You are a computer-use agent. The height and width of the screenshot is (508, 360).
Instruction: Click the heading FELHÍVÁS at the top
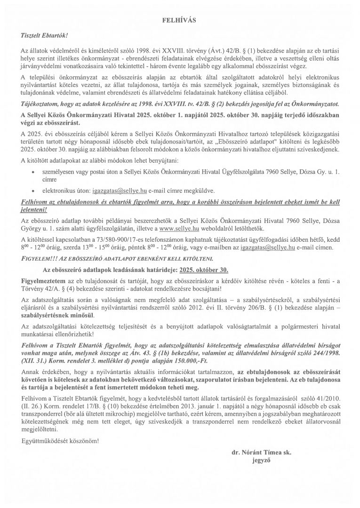[x=179, y=20]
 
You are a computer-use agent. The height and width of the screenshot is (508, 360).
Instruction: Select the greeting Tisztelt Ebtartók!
[x=45, y=35]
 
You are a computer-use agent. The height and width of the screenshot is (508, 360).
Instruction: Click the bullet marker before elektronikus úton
[x=32, y=191]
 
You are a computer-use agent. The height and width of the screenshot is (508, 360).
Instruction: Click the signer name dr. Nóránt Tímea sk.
[x=261, y=453]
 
